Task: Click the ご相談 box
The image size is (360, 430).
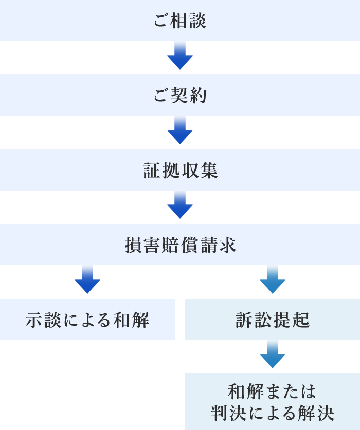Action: click(x=180, y=21)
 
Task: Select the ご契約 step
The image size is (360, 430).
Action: click(x=180, y=96)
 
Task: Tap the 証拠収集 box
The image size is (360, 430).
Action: click(x=180, y=171)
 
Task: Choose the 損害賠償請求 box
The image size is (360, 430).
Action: click(x=180, y=245)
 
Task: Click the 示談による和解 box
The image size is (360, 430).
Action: click(x=87, y=320)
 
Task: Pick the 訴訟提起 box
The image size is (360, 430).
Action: click(x=273, y=320)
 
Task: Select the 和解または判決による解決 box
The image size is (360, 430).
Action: click(x=273, y=402)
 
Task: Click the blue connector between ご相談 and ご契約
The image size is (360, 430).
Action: click(x=180, y=55)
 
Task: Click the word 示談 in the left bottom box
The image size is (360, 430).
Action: click(x=43, y=320)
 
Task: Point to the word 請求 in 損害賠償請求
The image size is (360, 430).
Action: click(x=218, y=245)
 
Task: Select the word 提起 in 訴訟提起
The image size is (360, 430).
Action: click(x=291, y=320)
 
